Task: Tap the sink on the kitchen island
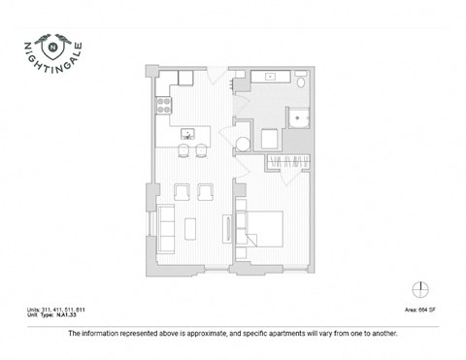point(188,132)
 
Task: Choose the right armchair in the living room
point(205,190)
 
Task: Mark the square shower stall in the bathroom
point(300,119)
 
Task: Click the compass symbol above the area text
point(418,289)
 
